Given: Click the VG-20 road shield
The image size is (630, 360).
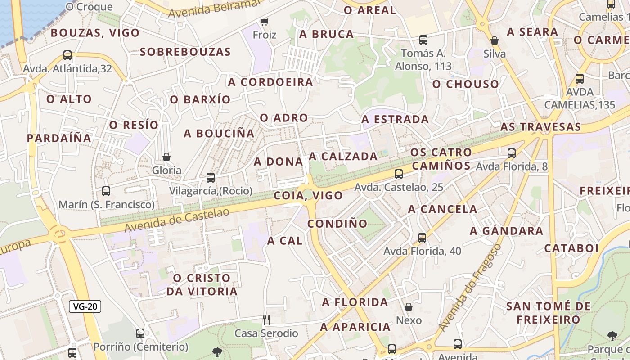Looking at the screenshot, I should tap(85, 307).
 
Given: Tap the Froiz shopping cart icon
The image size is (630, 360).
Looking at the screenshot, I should tap(265, 22).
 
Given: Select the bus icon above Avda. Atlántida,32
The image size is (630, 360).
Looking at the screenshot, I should tap(67, 55).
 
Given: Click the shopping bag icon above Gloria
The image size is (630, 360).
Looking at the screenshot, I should tap(166, 157).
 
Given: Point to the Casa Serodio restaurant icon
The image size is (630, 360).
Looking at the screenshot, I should tap(266, 320).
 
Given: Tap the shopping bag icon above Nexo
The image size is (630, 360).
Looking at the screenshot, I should tap(409, 307).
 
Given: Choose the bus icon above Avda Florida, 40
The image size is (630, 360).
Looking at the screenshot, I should tap(422, 238).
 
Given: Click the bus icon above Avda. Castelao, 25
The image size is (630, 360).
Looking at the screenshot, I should tap(399, 174).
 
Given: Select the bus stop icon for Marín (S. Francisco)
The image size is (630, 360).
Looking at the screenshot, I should tap(106, 191).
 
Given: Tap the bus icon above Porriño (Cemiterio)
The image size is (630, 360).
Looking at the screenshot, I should tap(140, 333).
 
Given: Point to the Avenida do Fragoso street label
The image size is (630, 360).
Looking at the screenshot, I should tap(470, 288).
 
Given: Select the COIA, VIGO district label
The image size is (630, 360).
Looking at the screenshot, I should tap(308, 196).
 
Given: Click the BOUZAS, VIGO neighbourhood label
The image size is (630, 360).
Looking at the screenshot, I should tap(95, 33).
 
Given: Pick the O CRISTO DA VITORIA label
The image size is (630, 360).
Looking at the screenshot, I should tap(202, 284).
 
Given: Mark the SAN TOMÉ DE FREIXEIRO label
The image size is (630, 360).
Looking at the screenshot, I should tap(549, 313).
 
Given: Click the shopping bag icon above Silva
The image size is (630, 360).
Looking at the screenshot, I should tap(495, 40).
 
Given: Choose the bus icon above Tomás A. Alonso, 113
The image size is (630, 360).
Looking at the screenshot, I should tap(423, 40).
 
